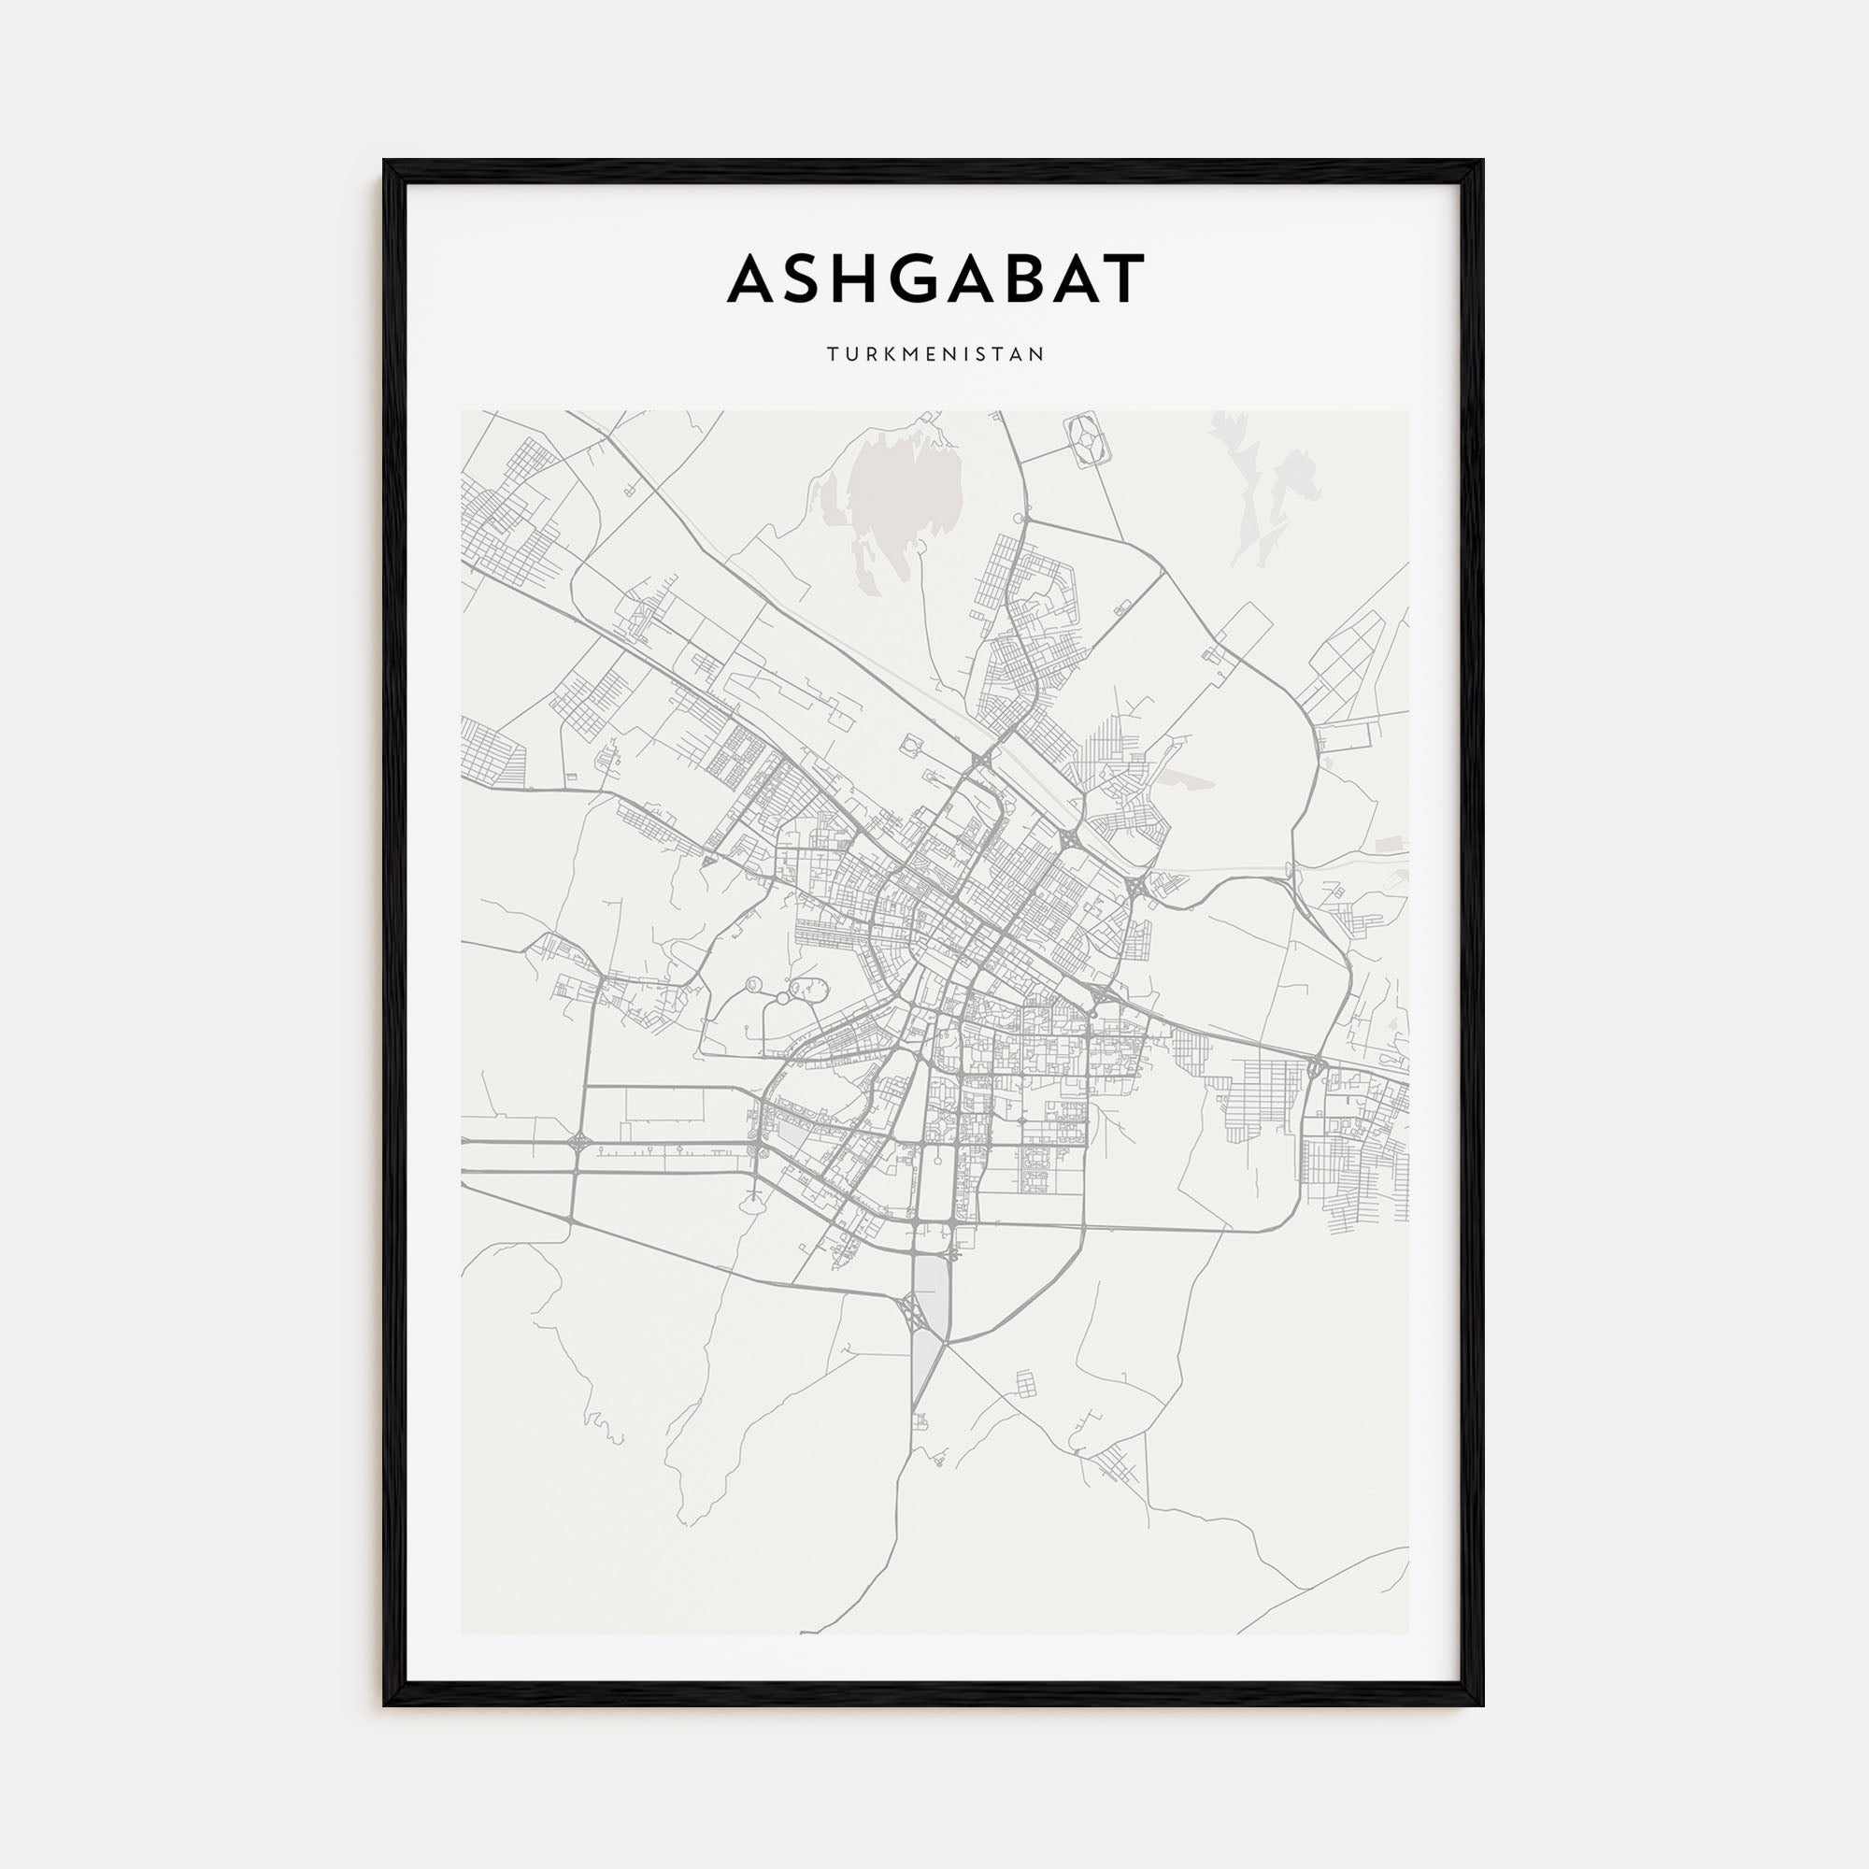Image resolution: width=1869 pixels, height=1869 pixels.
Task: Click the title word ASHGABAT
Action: (x=935, y=278)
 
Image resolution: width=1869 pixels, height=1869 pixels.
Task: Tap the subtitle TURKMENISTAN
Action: (x=935, y=355)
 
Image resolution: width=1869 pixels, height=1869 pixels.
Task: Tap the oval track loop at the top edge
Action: (x=1090, y=441)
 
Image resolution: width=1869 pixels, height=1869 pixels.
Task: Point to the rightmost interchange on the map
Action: (x=1316, y=1067)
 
